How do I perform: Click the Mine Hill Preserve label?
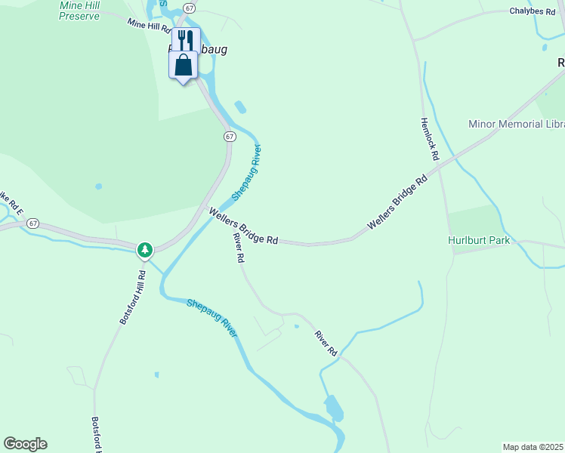(x=79, y=11)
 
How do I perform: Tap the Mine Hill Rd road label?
(x=149, y=27)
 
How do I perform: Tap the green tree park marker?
(x=145, y=249)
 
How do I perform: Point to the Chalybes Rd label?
(x=532, y=11)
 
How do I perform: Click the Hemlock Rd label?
(x=429, y=140)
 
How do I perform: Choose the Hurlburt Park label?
(x=478, y=240)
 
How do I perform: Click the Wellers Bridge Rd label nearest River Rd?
(x=244, y=226)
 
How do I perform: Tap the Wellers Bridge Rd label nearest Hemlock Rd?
(x=397, y=202)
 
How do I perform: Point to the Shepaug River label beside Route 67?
(x=246, y=172)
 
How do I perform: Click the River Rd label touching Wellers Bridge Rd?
(x=239, y=247)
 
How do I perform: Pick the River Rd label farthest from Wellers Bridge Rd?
(x=326, y=344)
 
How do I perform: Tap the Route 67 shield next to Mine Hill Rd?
(x=189, y=8)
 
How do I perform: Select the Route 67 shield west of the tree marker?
(x=32, y=224)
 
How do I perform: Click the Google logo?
(x=25, y=444)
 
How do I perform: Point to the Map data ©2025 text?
(x=533, y=446)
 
